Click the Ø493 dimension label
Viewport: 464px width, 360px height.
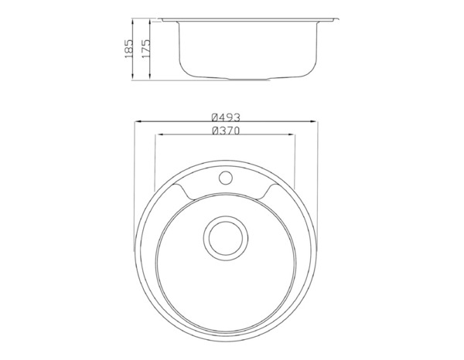click(226, 117)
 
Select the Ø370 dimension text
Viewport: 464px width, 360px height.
click(226, 130)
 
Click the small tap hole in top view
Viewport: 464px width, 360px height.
click(226, 178)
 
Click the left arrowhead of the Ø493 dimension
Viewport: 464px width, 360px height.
click(137, 121)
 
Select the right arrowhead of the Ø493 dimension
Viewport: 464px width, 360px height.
click(316, 121)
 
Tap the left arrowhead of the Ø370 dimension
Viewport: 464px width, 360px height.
click(159, 135)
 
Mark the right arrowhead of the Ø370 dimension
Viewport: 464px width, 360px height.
click(293, 135)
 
